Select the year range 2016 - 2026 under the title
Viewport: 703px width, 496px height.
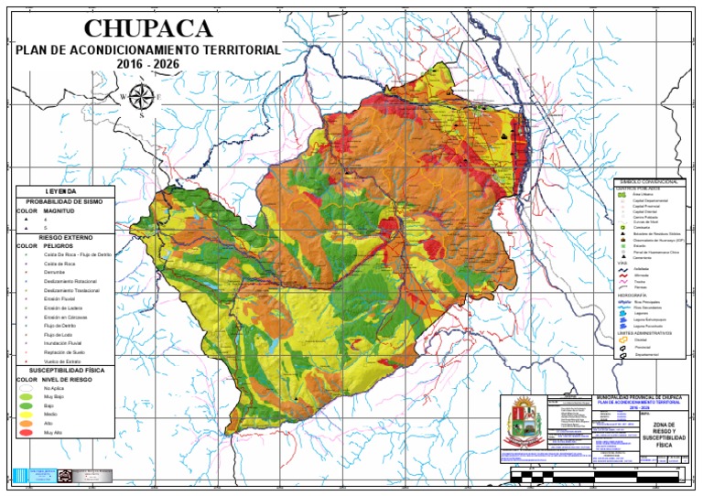coord(148,64)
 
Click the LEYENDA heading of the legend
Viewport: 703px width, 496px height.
coord(65,190)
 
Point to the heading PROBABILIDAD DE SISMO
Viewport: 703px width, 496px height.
coord(65,200)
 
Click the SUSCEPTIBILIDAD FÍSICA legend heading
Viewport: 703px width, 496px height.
coord(65,370)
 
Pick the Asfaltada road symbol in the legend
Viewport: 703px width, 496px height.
coord(623,268)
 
